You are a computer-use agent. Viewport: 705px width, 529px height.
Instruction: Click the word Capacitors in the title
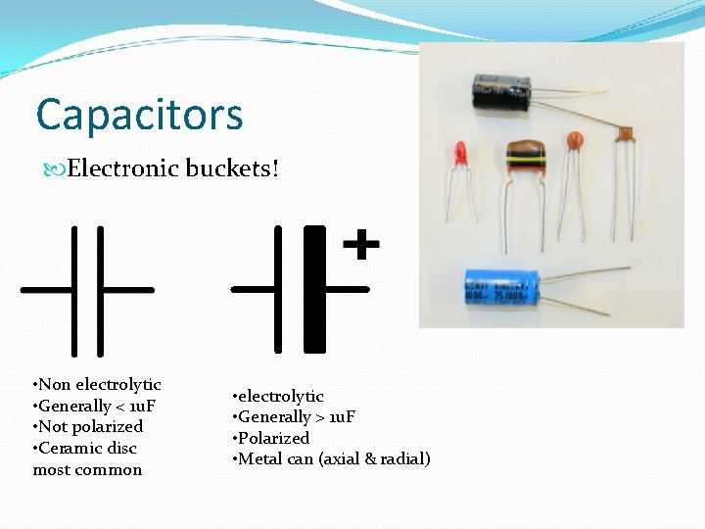139,115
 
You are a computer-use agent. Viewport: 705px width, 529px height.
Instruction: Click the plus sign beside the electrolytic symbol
361,244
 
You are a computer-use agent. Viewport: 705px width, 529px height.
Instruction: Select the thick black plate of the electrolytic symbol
314,289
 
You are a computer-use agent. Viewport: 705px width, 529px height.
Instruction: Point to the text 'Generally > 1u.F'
299,417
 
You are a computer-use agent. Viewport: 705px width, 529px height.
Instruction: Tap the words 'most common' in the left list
87,469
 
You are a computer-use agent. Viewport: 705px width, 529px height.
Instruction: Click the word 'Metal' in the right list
260,458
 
